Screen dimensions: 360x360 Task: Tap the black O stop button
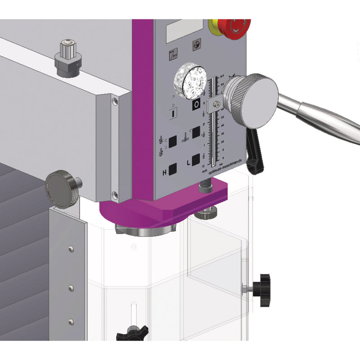pyautogui.click(x=196, y=105)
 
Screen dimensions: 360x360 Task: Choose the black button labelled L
pyautogui.click(x=195, y=160)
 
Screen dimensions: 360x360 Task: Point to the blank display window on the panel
pyautogui.click(x=184, y=30)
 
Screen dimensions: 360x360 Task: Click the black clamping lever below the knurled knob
pyautogui.click(x=255, y=151)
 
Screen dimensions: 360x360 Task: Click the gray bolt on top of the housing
pyautogui.click(x=68, y=57)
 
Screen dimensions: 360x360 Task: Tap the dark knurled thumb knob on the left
pyautogui.click(x=62, y=189)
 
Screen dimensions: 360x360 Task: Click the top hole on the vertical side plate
pyautogui.click(x=70, y=249)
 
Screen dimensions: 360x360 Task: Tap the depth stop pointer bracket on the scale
pyautogui.click(x=215, y=104)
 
